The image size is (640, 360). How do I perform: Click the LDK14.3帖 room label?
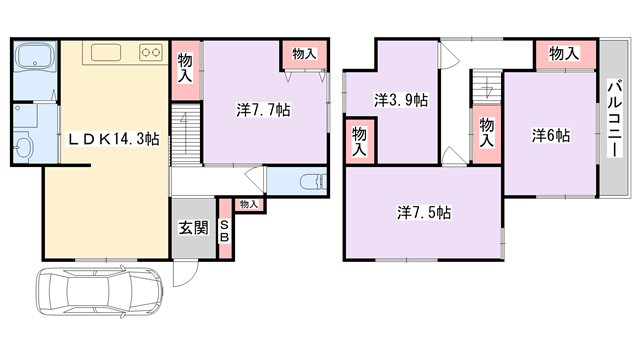(x=113, y=140)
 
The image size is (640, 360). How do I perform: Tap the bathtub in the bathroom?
(x=35, y=58)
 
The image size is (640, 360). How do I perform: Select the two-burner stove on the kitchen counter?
(x=151, y=52)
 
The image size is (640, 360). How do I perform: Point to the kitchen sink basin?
(x=106, y=53)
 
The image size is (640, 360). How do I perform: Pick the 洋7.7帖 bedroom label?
(x=263, y=110)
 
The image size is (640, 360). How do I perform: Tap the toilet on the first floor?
(x=313, y=182)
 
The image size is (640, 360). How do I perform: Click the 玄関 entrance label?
(x=193, y=228)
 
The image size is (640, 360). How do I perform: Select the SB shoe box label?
(x=224, y=231)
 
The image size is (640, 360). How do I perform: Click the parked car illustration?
(x=100, y=291)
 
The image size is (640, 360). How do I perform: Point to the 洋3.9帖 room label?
(x=401, y=100)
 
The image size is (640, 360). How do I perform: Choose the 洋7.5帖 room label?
(x=424, y=213)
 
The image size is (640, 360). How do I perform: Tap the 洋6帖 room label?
(x=551, y=136)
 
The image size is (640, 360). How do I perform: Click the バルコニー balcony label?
(x=615, y=118)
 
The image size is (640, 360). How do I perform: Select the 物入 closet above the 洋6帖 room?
(x=564, y=53)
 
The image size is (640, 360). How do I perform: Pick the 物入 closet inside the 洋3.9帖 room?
(x=360, y=141)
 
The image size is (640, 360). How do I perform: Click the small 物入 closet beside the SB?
(x=249, y=204)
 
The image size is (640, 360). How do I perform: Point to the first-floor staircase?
(x=186, y=134)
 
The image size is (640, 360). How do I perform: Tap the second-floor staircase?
(x=487, y=88)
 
